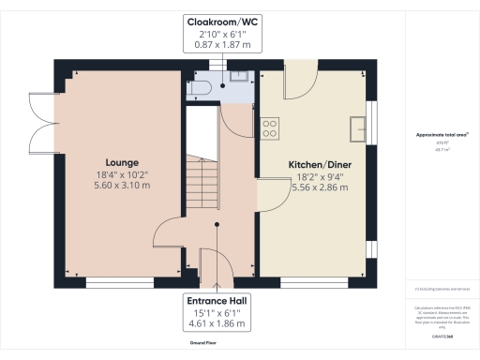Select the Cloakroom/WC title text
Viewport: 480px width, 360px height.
click(x=222, y=20)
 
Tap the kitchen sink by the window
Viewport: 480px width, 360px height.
click(x=356, y=126)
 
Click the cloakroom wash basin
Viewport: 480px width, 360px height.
click(x=237, y=77)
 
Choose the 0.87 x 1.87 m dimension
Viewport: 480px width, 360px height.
click(x=222, y=44)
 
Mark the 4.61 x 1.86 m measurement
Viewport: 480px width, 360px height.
click(x=217, y=324)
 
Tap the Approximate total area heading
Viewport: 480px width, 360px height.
click(x=442, y=135)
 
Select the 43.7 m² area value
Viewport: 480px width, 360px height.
click(x=442, y=148)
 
